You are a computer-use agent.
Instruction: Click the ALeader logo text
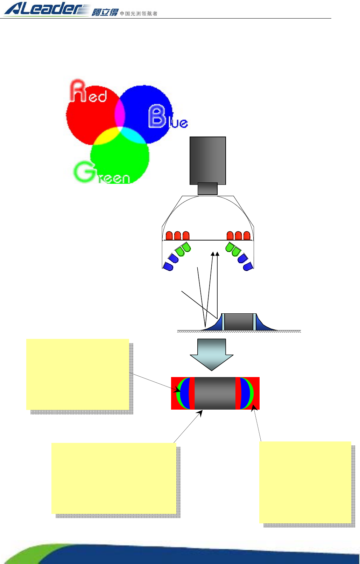tap(45, 9)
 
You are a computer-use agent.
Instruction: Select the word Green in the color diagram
tap(101, 173)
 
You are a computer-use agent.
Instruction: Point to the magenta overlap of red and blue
tap(120, 114)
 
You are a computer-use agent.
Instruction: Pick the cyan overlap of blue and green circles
tap(133, 135)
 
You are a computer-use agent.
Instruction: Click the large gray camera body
tap(207, 160)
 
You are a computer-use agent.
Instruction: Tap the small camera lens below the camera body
tap(207, 189)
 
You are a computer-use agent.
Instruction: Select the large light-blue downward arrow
tap(212, 354)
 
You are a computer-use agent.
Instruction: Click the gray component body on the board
tap(239, 322)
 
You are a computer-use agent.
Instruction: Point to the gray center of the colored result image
tap(215, 393)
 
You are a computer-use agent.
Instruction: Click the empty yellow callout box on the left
tap(78, 374)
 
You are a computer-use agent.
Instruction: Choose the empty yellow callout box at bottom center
tap(114, 478)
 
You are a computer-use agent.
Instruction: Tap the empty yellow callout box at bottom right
tap(305, 482)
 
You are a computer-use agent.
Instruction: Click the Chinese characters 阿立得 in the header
tap(105, 13)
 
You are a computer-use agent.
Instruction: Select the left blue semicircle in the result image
tap(185, 394)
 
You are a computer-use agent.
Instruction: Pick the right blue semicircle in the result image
tap(245, 394)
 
